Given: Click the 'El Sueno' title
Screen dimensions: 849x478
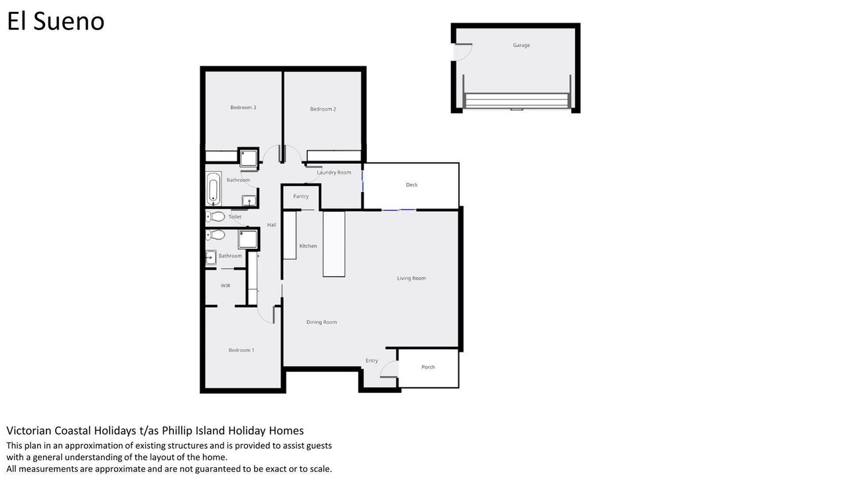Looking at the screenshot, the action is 56,21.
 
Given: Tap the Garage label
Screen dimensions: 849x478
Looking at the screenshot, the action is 521,45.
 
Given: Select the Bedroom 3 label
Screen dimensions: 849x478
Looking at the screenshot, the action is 243,108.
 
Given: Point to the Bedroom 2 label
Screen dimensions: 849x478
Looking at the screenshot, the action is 323,109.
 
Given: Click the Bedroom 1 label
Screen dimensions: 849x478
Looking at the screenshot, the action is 241,350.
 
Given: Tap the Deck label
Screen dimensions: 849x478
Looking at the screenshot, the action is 412,185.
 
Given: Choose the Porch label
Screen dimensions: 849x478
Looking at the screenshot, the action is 428,367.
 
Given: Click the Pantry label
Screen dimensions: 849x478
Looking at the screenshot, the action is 301,196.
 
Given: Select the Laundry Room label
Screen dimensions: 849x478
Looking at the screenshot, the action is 334,172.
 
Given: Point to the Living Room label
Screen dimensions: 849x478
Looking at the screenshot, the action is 411,278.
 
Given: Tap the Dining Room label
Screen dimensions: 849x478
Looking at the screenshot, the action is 322,322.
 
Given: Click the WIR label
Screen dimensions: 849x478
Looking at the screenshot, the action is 225,285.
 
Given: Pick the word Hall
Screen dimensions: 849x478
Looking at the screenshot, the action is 271,224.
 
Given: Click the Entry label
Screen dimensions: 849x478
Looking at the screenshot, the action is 371,360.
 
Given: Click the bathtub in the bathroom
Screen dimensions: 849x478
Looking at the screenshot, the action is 214,189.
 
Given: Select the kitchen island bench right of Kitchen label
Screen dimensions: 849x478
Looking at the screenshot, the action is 334,244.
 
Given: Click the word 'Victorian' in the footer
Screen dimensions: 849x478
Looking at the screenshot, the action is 29,431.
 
